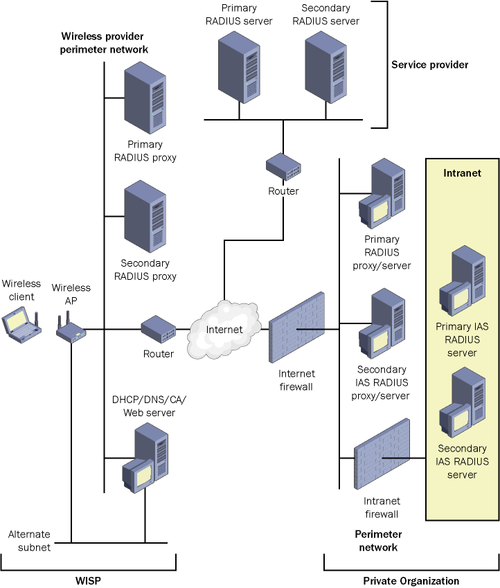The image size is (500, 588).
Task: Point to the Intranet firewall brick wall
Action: [x=382, y=457]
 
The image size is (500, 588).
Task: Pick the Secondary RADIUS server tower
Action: [x=326, y=65]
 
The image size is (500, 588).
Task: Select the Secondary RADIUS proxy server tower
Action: [x=146, y=217]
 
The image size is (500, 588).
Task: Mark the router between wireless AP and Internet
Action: [x=159, y=328]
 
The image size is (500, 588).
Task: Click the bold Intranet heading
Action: [x=462, y=172]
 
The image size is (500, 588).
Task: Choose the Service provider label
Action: [x=429, y=65]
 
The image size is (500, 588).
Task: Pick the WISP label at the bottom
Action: [x=88, y=580]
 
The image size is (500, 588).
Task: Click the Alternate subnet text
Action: [x=29, y=541]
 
